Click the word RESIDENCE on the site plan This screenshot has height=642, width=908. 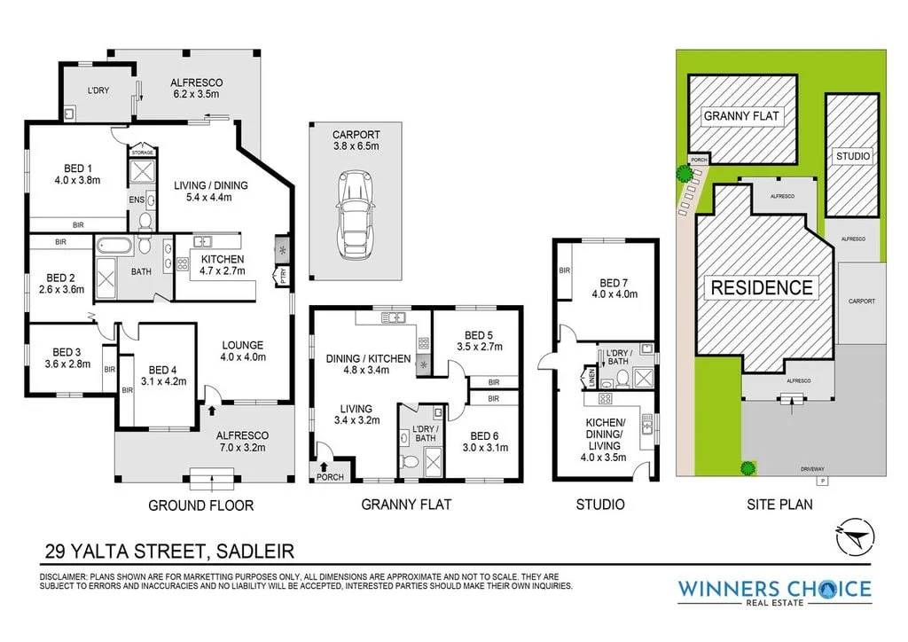pos(759,287)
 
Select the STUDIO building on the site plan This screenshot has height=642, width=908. pos(853,156)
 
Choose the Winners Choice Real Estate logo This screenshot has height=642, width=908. pos(774,592)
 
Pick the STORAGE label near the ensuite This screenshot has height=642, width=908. pos(142,153)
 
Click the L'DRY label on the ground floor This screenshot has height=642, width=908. pos(98,90)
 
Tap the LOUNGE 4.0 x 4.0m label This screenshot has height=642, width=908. pos(243,351)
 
